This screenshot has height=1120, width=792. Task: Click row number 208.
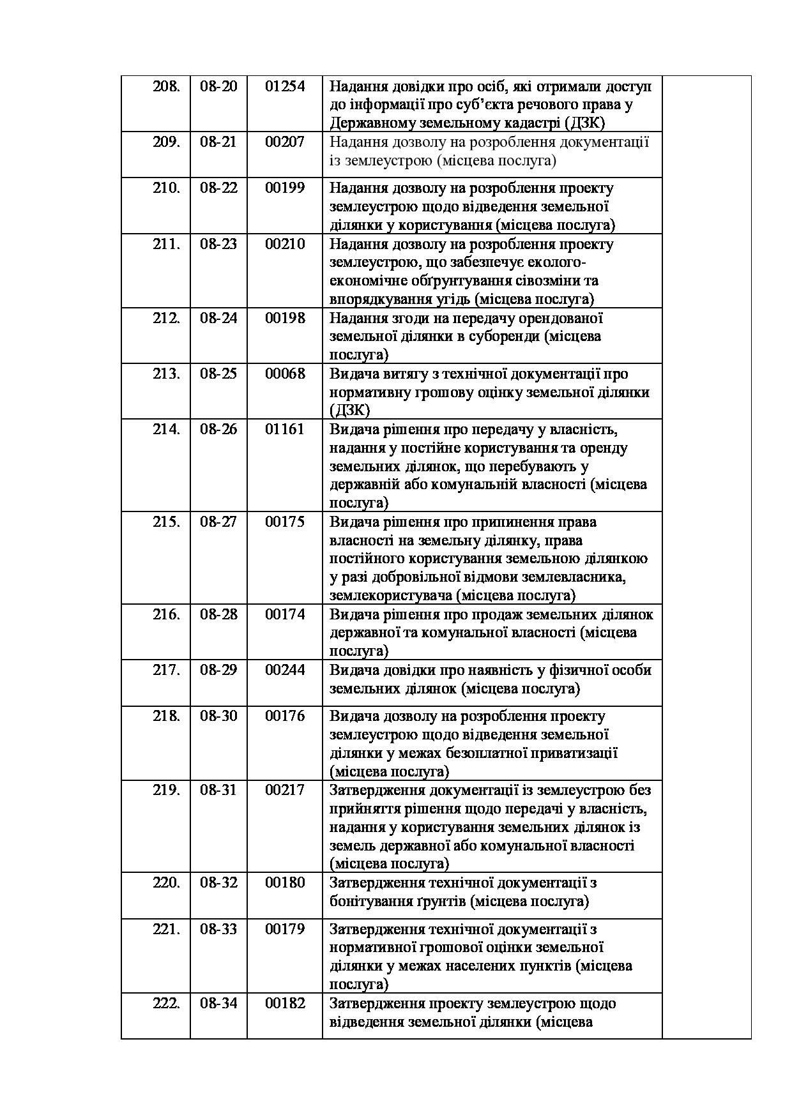(x=166, y=86)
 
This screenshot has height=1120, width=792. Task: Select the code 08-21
(x=218, y=142)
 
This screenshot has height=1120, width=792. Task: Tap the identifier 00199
(x=285, y=188)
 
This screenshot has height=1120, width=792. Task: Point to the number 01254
(x=285, y=86)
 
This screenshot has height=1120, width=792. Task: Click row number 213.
(x=166, y=374)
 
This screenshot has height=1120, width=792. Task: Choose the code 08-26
(x=218, y=429)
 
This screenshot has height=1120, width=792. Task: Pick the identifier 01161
(x=285, y=429)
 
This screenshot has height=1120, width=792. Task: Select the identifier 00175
(x=285, y=522)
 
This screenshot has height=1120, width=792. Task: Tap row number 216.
(x=166, y=614)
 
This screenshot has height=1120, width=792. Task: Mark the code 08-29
(x=218, y=670)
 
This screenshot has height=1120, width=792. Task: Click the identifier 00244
(x=285, y=670)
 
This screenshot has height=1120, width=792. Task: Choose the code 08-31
(x=218, y=790)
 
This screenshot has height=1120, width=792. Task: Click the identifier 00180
(x=285, y=882)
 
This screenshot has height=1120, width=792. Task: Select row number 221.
(x=166, y=929)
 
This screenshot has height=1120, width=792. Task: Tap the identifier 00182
(x=285, y=1003)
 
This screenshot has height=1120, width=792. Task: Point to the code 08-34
(x=218, y=1003)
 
